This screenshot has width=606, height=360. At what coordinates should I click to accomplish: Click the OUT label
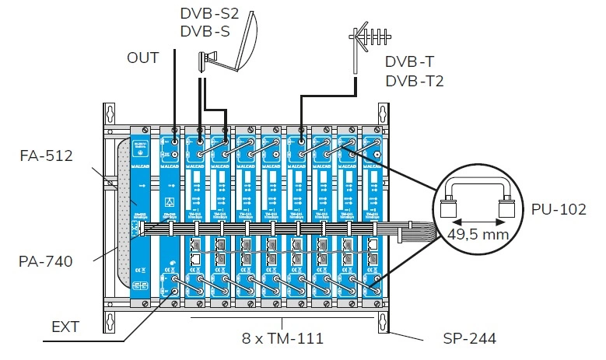pyautogui.click(x=143, y=58)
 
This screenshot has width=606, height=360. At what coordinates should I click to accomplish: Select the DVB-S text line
pyautogui.click(x=204, y=31)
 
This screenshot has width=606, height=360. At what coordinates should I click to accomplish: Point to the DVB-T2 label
pyautogui.click(x=415, y=80)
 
